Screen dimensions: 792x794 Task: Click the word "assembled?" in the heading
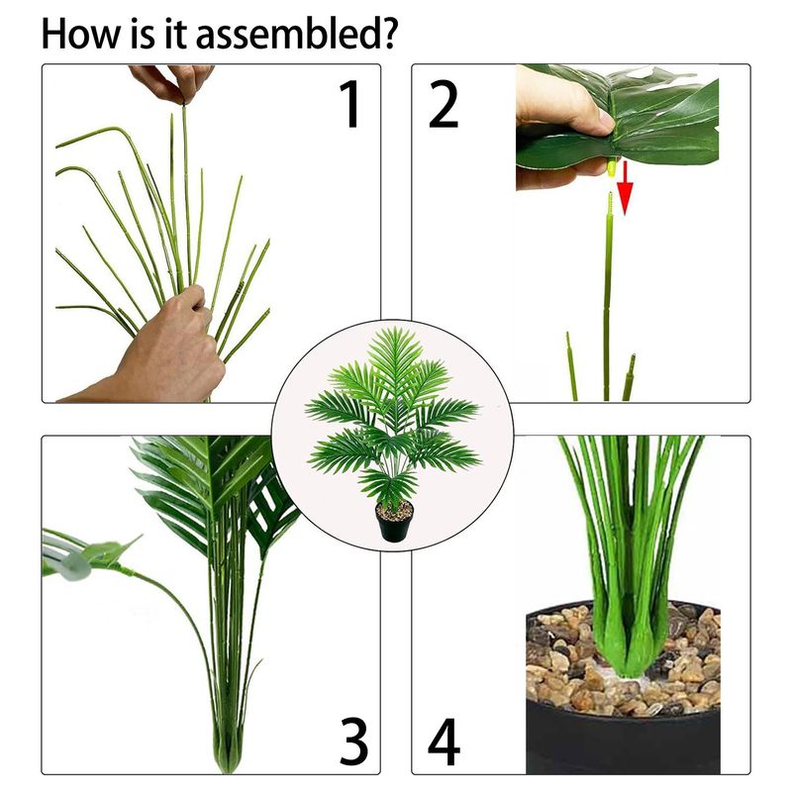coord(295,35)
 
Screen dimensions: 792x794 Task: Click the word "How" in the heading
coord(81,34)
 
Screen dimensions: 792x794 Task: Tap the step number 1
coord(350,105)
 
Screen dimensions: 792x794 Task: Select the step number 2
coord(444,105)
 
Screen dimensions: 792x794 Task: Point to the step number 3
coord(353,742)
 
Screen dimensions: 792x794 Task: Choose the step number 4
coord(445,742)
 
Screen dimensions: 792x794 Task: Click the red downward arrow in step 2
coord(625,188)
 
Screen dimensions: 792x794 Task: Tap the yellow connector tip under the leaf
coord(611,167)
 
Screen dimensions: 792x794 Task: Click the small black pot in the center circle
coord(394,522)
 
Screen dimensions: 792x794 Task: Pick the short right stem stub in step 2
coord(629,377)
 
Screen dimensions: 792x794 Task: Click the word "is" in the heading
coord(144,34)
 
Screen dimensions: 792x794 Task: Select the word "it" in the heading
coord(175,34)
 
